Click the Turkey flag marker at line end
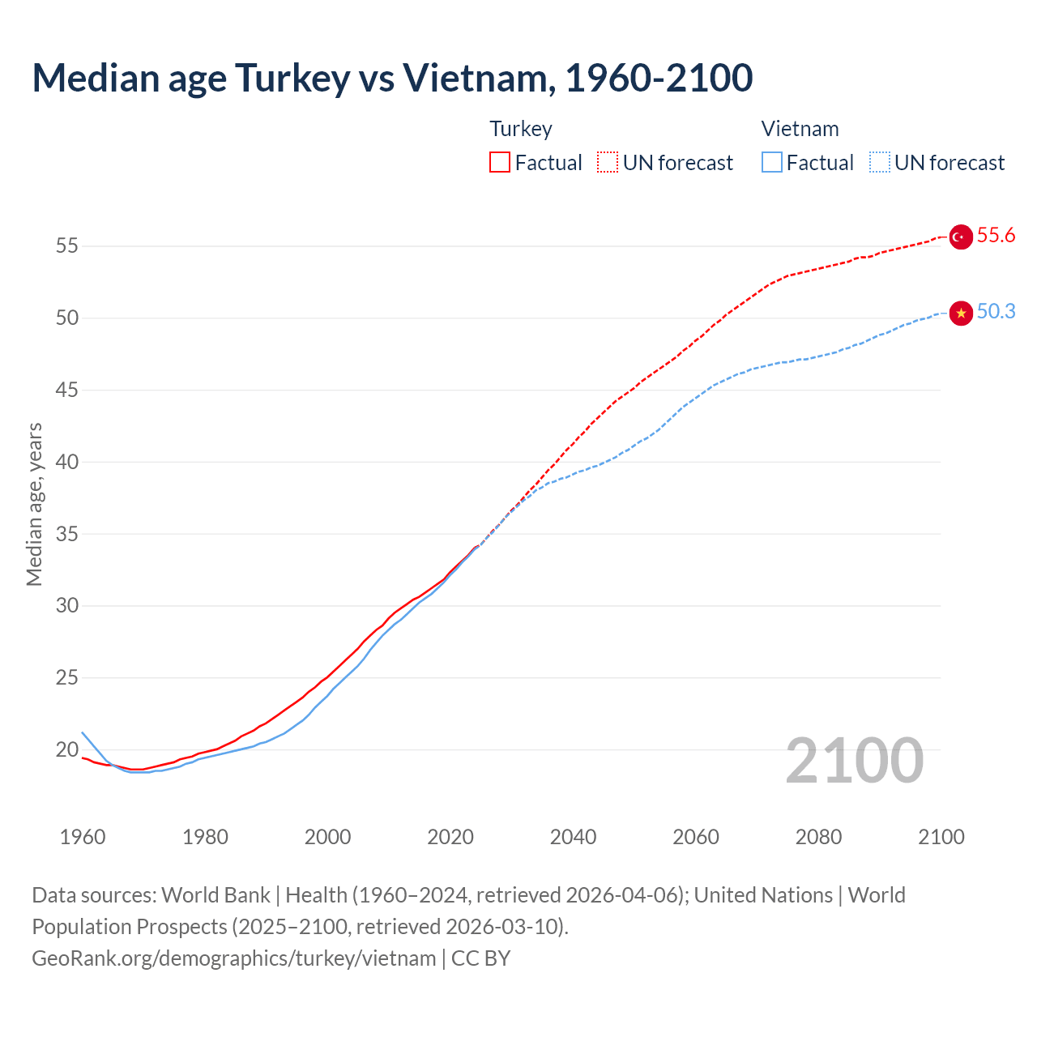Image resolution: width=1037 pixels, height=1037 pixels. pyautogui.click(x=960, y=237)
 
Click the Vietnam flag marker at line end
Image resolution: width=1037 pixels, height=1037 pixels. pyautogui.click(x=961, y=313)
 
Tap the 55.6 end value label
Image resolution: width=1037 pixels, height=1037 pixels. pyautogui.click(x=996, y=236)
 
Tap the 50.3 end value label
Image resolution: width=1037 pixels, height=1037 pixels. pyautogui.click(x=996, y=312)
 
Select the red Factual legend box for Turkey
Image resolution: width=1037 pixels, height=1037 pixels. pyautogui.click(x=500, y=163)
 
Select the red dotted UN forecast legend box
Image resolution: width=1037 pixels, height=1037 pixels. pyautogui.click(x=608, y=163)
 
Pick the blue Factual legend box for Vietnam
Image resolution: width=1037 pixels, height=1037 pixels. pyautogui.click(x=772, y=163)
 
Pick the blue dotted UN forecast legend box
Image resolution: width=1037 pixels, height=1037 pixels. pyautogui.click(x=880, y=163)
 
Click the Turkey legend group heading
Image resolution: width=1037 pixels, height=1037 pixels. pyautogui.click(x=521, y=129)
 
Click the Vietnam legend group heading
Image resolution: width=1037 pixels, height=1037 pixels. pyautogui.click(x=800, y=129)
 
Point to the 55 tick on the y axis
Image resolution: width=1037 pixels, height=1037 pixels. pyautogui.click(x=67, y=245)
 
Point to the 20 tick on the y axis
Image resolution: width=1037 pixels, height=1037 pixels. pyautogui.click(x=67, y=749)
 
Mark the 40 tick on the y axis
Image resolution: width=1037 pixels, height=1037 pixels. pyautogui.click(x=67, y=462)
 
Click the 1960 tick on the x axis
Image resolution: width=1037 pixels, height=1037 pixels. pyautogui.click(x=83, y=837)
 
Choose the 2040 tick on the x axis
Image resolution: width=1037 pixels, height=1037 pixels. pyautogui.click(x=573, y=837)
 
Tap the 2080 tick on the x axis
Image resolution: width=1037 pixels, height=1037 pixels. pyautogui.click(x=818, y=837)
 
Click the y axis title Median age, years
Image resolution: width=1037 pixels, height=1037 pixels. pyautogui.click(x=34, y=504)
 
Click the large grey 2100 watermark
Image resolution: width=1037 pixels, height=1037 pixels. pyautogui.click(x=854, y=761)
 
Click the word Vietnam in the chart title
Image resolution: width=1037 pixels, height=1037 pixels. pyautogui.click(x=479, y=78)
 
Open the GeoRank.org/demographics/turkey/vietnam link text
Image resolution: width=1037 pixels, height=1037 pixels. pyautogui.click(x=233, y=958)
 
